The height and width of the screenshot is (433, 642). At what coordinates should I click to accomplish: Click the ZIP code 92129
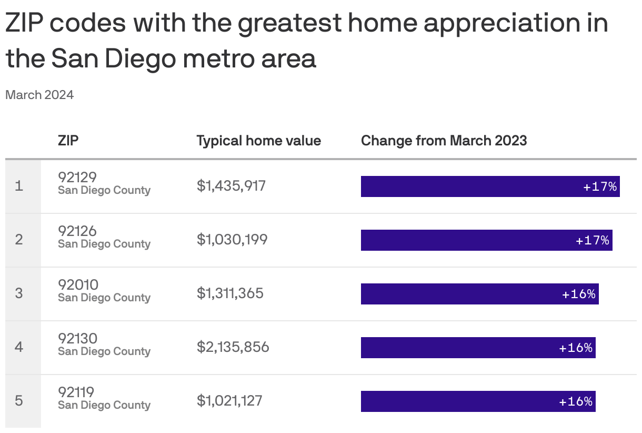(x=77, y=177)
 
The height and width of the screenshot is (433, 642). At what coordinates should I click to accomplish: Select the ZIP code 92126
(x=77, y=231)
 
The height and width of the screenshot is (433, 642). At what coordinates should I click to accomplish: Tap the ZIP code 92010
(x=78, y=284)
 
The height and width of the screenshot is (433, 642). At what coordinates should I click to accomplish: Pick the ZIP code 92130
(x=77, y=338)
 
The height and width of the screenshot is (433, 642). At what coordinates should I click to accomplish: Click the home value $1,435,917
(x=231, y=186)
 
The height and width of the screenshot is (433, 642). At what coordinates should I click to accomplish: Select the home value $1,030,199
(x=232, y=240)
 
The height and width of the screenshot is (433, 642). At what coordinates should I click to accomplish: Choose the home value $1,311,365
(x=230, y=293)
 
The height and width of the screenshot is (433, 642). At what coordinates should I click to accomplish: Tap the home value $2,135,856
(x=233, y=347)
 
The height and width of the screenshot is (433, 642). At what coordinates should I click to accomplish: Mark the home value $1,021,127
(x=229, y=401)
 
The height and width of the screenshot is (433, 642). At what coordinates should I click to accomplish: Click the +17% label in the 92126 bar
(x=593, y=240)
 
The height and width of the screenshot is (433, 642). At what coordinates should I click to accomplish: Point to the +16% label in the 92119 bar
(x=576, y=401)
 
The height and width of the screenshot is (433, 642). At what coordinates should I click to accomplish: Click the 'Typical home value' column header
(x=258, y=141)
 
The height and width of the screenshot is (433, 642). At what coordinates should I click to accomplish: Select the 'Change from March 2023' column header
(x=444, y=141)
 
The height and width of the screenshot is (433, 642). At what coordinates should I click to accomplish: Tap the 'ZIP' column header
(x=68, y=141)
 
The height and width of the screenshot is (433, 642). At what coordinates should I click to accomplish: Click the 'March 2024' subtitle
(x=39, y=95)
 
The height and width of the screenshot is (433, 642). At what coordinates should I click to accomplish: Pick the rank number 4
(x=19, y=347)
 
